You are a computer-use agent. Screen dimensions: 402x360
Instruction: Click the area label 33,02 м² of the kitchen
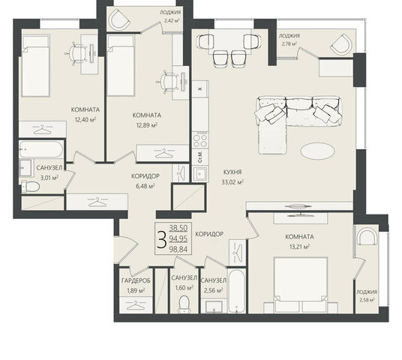point(232,182)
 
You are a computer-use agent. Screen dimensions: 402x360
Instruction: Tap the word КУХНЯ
point(232,172)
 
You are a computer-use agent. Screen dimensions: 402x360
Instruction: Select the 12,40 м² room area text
point(85,119)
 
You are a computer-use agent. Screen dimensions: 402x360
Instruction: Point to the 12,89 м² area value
point(147,125)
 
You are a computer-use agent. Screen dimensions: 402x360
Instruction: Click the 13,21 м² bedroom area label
point(299,247)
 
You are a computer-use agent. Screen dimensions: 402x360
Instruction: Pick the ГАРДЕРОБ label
point(136,280)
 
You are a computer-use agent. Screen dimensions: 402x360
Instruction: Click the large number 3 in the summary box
point(161,239)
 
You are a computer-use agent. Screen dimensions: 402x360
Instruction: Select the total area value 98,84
point(178,249)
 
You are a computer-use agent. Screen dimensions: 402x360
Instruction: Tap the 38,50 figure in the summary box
point(178,228)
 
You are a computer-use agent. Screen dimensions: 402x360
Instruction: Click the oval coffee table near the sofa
point(318,151)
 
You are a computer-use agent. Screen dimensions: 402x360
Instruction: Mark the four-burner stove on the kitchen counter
point(200,141)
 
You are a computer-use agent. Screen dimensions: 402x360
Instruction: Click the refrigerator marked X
point(200,89)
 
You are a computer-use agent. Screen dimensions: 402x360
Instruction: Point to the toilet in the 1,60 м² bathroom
point(184,304)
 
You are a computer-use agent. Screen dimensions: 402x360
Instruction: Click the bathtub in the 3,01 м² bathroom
point(41,149)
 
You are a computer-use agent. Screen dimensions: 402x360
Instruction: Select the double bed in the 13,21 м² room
point(301,284)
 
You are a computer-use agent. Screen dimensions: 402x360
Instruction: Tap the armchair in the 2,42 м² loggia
point(119,19)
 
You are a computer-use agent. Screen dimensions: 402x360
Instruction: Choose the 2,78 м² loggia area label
point(289,43)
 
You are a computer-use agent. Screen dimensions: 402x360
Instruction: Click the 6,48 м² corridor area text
point(145,186)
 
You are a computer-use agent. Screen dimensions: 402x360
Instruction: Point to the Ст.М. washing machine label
point(200,157)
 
